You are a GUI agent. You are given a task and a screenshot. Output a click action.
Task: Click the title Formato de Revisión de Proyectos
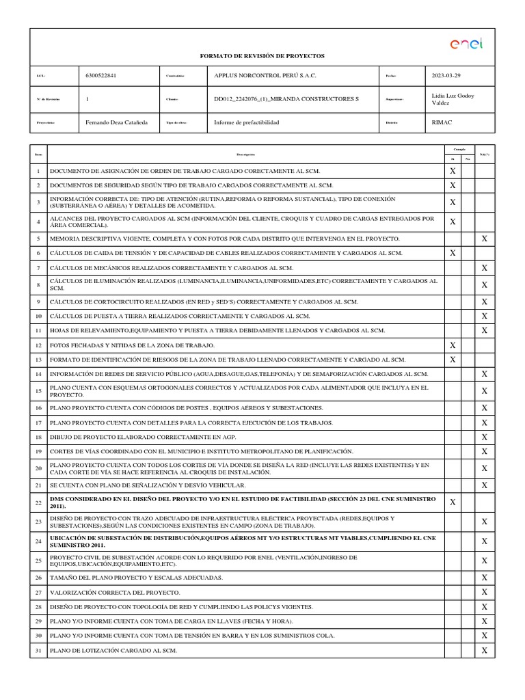[262, 55]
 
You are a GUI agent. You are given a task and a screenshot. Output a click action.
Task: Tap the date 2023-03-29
[446, 76]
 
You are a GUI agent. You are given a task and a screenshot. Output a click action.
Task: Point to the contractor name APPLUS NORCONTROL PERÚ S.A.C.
[266, 76]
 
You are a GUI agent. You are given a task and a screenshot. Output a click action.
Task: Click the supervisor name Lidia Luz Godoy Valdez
[453, 99]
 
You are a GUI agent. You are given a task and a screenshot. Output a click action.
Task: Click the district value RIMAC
[442, 122]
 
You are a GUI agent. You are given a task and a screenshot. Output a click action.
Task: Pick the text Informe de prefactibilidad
[247, 122]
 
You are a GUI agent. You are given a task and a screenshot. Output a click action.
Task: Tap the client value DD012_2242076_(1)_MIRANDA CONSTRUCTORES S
[286, 99]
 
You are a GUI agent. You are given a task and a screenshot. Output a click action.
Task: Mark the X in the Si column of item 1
[452, 171]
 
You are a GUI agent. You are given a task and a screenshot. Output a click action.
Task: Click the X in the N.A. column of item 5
[485, 239]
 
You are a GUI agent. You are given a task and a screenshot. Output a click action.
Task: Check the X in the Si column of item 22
[452, 502]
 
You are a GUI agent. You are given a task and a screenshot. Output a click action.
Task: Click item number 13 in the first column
[38, 360]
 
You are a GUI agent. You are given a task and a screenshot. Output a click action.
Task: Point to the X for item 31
[485, 651]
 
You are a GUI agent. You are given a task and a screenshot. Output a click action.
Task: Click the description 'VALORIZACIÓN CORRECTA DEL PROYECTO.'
[115, 593]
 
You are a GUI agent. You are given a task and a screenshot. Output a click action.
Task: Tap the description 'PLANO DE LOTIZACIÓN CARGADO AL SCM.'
[113, 651]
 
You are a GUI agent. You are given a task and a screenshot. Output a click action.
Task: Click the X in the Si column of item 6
[452, 253]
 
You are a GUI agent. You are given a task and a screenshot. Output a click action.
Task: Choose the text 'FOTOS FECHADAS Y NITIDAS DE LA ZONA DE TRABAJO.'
[132, 345]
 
